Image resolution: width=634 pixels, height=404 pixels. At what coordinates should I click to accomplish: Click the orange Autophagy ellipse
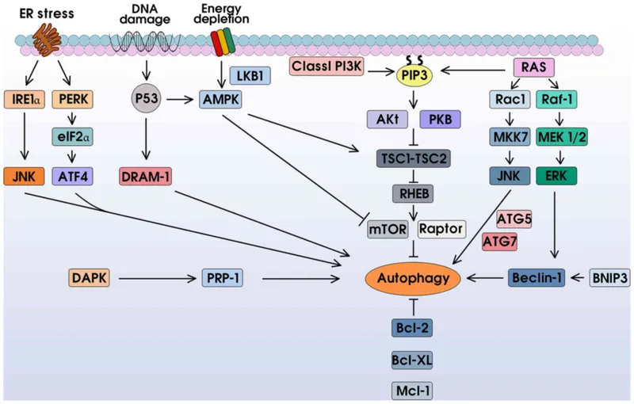[411, 278]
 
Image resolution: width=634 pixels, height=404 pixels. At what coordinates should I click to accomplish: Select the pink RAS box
[533, 67]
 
